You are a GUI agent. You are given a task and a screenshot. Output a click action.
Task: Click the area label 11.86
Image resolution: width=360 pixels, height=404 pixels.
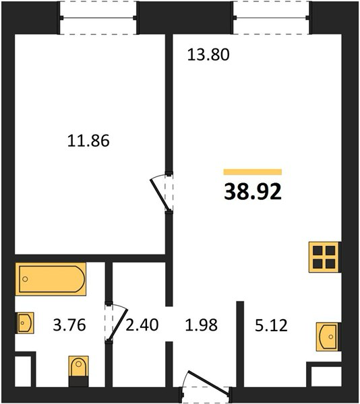click(x=88, y=141)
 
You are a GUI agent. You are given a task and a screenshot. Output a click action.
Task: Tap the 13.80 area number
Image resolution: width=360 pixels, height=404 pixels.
click(x=208, y=55)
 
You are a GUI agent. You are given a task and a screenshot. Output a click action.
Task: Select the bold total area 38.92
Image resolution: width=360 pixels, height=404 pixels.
click(x=253, y=192)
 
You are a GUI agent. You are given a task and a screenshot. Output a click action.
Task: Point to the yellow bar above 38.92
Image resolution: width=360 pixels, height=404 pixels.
click(x=252, y=172)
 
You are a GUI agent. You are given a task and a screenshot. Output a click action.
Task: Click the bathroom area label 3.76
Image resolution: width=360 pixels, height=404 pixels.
click(x=69, y=325)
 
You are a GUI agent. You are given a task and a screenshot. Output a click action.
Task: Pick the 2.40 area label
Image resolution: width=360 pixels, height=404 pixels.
click(x=142, y=325)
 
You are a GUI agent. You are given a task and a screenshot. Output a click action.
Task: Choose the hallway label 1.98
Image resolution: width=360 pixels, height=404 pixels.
click(x=202, y=325)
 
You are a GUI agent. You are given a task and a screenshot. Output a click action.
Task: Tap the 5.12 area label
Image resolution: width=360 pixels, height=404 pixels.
click(x=271, y=325)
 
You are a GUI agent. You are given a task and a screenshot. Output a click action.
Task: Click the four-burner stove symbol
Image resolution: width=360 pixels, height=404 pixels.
click(x=324, y=257)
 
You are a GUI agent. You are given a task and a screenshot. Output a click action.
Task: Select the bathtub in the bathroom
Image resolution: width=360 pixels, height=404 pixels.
click(x=51, y=279)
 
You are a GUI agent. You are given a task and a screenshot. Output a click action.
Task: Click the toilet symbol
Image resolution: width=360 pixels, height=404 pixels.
click(x=79, y=366)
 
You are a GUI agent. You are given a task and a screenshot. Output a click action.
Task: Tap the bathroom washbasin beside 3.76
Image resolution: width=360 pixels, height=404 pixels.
click(x=25, y=323)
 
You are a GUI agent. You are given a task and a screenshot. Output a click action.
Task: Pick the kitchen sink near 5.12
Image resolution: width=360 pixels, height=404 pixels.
click(x=328, y=337)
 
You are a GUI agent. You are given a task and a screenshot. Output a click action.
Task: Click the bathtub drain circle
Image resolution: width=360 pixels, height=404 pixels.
click(x=25, y=279)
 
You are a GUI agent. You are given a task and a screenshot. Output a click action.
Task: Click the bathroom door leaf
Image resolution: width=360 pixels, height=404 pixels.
click(x=117, y=325)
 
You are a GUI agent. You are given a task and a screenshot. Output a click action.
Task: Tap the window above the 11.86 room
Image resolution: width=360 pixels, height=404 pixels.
click(x=98, y=18)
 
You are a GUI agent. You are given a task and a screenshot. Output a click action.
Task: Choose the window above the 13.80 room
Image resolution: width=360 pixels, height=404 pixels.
click(x=272, y=18)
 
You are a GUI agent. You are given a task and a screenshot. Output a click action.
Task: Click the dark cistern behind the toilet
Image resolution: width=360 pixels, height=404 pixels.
click(x=79, y=381)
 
